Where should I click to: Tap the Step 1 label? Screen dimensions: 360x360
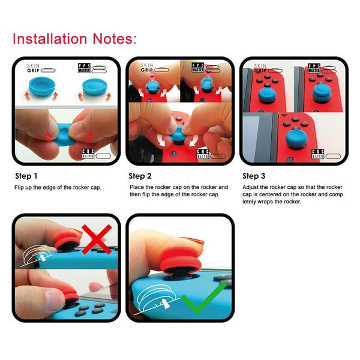[x=26, y=176]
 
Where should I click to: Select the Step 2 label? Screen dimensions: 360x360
[x=141, y=176]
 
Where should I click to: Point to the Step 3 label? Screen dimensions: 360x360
[x=254, y=176]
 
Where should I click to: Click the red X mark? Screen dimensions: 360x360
[x=96, y=240]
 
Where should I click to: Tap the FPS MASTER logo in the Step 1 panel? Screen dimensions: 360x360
[x=88, y=67]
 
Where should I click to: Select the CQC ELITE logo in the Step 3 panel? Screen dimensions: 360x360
[x=318, y=154]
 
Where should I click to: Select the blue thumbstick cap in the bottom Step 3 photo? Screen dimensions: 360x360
[x=294, y=140]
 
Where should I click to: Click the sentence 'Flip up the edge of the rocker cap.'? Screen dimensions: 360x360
[x=58, y=188]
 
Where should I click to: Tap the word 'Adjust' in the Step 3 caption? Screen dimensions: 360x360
[x=251, y=188]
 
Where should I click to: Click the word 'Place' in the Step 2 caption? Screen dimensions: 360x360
[x=137, y=188]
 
